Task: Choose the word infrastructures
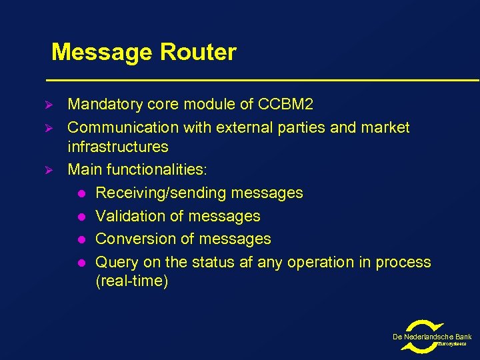pyautogui.click(x=118, y=147)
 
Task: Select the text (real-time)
pyautogui.click(x=132, y=281)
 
